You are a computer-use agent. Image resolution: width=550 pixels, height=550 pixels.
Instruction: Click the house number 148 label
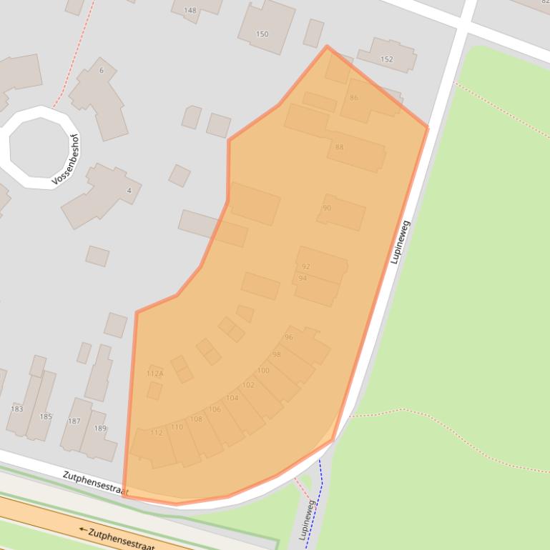click(190, 11)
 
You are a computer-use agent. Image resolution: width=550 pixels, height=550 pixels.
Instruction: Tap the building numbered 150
click(262, 34)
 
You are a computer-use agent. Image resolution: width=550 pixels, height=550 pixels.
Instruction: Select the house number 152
click(387, 59)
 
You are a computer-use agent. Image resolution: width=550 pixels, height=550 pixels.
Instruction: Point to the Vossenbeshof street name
click(67, 161)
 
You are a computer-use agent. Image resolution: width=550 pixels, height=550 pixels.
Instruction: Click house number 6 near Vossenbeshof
click(102, 70)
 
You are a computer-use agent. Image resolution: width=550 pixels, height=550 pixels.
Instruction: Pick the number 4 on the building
click(129, 191)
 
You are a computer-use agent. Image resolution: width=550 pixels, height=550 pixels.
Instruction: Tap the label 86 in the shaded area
click(354, 98)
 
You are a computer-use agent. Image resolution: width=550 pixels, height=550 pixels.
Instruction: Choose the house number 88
click(339, 147)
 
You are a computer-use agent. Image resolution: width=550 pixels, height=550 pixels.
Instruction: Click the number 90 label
click(327, 209)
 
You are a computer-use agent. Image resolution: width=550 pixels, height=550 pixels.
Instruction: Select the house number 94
click(303, 278)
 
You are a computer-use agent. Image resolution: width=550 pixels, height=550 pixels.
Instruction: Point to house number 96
click(289, 337)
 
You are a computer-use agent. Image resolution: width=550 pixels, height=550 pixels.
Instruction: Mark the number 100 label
click(263, 371)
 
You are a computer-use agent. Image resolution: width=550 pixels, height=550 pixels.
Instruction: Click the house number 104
click(232, 398)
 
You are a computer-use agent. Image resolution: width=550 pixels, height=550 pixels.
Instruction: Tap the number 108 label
click(196, 419)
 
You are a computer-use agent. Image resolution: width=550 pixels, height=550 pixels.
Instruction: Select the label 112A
click(155, 374)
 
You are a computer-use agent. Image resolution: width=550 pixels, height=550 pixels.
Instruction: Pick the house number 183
click(16, 409)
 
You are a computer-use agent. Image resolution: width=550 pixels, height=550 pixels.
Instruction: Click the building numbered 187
click(74, 421)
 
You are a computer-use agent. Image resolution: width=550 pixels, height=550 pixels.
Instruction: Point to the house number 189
click(100, 429)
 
